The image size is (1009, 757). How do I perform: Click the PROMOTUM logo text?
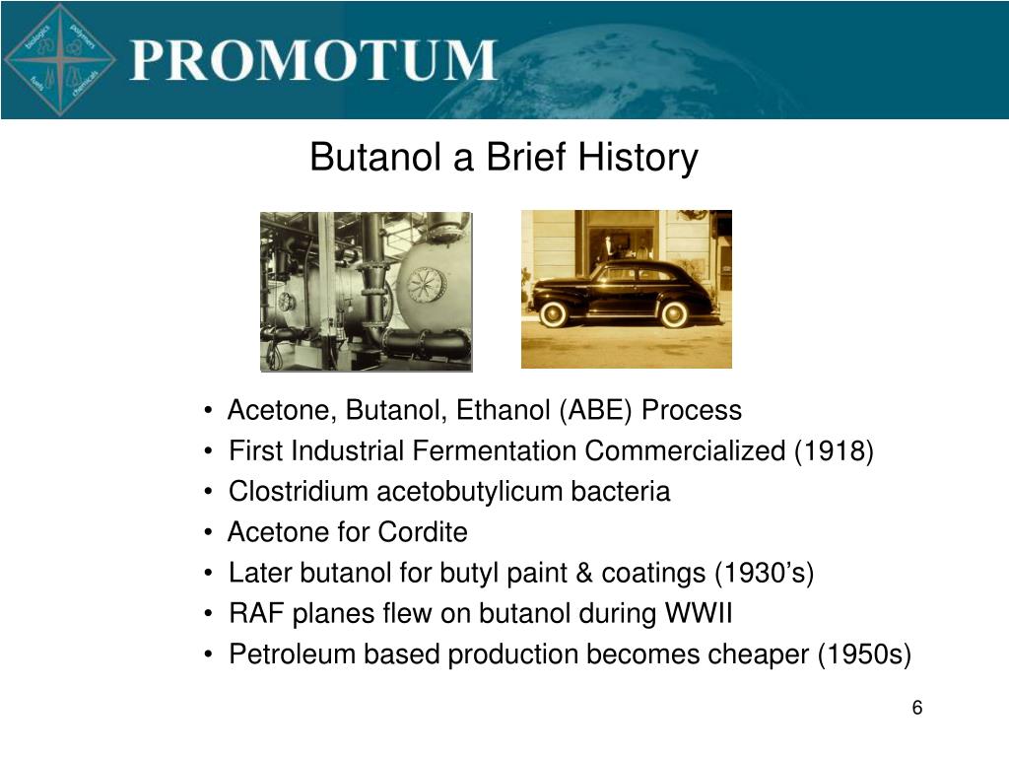coord(313,60)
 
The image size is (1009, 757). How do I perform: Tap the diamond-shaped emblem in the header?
coord(60,60)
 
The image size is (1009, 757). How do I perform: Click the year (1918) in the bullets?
coord(834,450)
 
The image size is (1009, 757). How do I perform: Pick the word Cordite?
coord(423,532)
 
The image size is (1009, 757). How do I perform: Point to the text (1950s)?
coord(864,654)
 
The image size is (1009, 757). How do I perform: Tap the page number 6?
coord(917,708)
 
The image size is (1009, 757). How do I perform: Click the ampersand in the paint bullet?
coord(584,573)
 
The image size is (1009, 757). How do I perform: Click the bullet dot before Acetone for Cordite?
coord(208,533)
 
